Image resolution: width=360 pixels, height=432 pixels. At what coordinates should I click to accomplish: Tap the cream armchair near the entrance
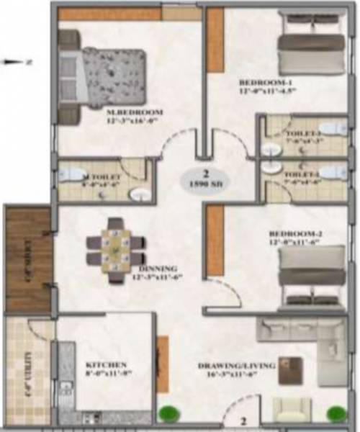click(291, 410)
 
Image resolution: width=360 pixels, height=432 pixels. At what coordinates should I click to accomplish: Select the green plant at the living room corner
click(335, 414)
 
